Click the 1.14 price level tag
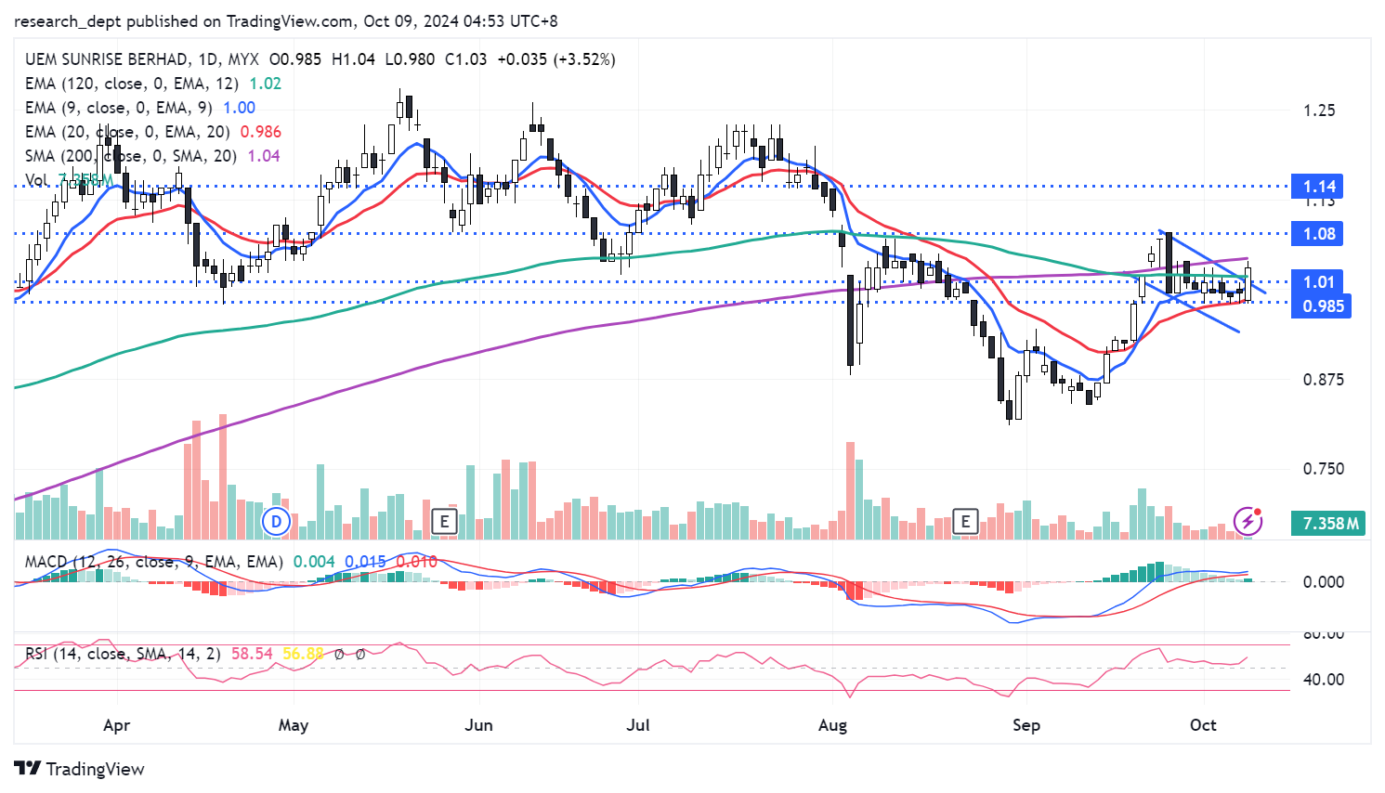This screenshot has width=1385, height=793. [1319, 187]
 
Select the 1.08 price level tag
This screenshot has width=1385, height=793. [1319, 234]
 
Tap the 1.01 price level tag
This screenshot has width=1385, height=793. [1319, 282]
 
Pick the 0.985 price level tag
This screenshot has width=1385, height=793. [1322, 306]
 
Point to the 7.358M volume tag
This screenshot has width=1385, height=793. [1329, 524]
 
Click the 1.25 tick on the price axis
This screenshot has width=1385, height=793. [1319, 110]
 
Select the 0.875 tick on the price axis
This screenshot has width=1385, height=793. [1323, 380]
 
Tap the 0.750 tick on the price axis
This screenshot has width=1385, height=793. [1323, 469]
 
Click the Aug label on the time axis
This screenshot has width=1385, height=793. [832, 725]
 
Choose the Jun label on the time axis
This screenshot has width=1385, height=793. [478, 725]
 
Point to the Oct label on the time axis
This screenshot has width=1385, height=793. [1203, 725]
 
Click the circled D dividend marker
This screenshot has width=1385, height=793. [276, 521]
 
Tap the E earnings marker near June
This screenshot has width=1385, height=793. [444, 521]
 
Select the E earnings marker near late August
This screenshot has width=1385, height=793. [965, 521]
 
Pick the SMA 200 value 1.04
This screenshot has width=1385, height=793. [264, 156]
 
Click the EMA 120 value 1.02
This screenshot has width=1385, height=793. [266, 84]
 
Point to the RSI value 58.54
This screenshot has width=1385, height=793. [252, 654]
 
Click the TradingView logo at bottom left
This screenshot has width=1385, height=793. [80, 769]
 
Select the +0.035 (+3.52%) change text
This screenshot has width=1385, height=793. [556, 59]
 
